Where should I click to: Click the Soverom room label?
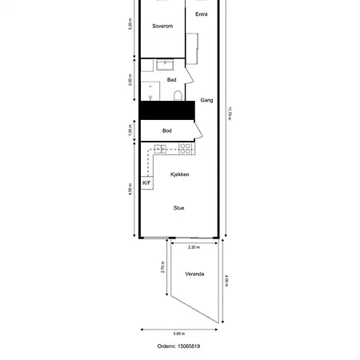162,26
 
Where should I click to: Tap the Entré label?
202,14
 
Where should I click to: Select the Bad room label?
171,80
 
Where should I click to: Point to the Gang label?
206,100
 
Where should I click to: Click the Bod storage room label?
167,130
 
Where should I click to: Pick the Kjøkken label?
180,174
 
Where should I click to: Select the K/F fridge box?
147,182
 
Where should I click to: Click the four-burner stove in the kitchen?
185,147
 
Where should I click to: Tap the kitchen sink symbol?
160,147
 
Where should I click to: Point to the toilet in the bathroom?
175,97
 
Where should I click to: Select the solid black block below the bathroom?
168,111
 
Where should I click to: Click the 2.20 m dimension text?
194,247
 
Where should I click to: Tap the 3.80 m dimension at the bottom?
179,334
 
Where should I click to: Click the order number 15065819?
179,346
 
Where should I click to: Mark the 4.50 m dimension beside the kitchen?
130,190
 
